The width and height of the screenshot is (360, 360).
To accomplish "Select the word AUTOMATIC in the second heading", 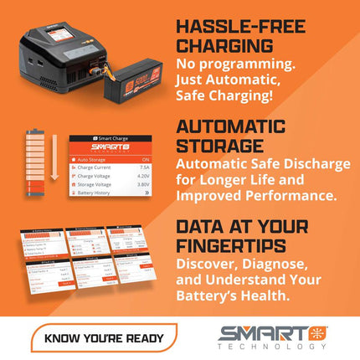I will click(226, 127).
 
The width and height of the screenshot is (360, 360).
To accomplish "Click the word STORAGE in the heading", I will click(211, 148).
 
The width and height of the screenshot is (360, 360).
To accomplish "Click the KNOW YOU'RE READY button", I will click(104, 338).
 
